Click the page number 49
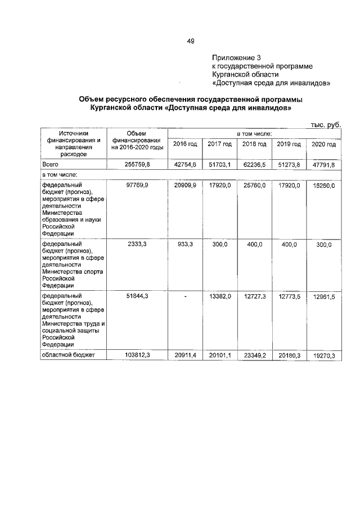coord(190,40)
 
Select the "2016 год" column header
coord(185,145)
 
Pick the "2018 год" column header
coord(254,145)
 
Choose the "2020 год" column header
coord(323,145)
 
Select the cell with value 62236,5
coord(254,164)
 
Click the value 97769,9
coord(138,185)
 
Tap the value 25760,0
coord(254,185)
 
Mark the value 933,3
coord(185,245)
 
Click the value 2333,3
coord(138,245)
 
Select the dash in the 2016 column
coord(185,297)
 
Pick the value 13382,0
coord(219,297)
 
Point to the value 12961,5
coord(323,297)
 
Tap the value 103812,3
coord(138,355)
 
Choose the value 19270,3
coord(323,355)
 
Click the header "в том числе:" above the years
coord(254,133)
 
